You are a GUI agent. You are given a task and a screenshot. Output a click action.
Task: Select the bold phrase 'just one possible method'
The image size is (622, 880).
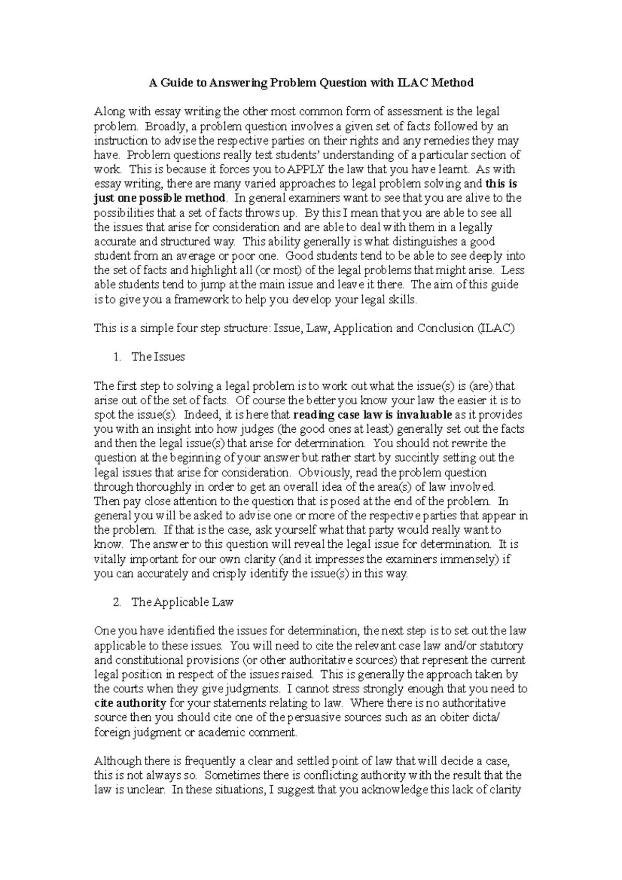click(160, 198)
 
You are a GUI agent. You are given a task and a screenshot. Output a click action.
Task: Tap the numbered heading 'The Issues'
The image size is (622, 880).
click(158, 357)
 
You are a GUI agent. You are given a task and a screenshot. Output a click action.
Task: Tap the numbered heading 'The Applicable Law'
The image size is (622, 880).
click(182, 602)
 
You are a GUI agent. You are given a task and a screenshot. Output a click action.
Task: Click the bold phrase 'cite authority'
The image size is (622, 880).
click(130, 703)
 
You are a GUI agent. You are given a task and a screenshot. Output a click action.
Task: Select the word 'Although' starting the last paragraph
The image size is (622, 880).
click(115, 761)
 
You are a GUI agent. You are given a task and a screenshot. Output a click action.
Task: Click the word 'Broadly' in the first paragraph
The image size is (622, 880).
click(163, 126)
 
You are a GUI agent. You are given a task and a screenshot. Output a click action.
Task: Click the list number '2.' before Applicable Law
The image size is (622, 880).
click(117, 602)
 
